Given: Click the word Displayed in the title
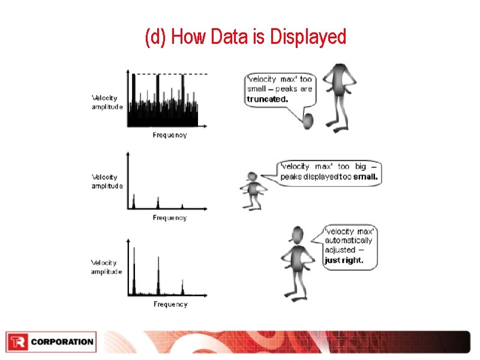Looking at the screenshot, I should pos(308,37).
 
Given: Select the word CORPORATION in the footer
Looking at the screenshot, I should pos(62,342).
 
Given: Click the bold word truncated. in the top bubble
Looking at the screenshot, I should pos(267,100).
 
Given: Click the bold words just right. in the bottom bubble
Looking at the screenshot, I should pos(344,260).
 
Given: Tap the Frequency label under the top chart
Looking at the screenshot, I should pos(170,135).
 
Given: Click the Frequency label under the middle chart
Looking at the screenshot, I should pos(170,218).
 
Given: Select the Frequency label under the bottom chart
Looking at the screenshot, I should pos(170,304).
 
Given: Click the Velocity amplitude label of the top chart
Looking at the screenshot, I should pos(107,102).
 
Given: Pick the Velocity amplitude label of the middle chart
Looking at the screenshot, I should pos(107,181).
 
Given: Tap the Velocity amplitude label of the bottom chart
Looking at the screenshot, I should pos(106,267).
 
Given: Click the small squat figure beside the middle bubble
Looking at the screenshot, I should pos(253,189).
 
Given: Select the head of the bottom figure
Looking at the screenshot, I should pos(295,235).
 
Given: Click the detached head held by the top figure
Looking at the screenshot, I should pos(308,121).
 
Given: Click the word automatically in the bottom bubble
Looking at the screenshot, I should pos(348,240).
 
